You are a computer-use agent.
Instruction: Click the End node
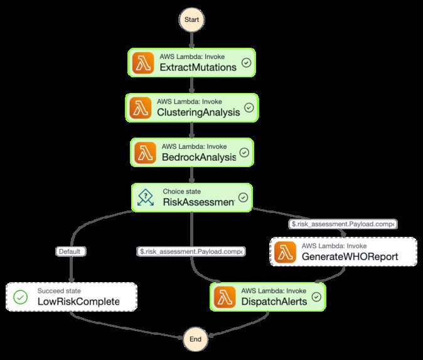point(195,339)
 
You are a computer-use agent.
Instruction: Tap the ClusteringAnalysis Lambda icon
point(142,108)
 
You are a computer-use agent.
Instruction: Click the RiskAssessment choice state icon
point(146,197)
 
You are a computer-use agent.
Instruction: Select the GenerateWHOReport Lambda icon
point(285,252)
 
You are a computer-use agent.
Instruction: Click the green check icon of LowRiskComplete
point(21,297)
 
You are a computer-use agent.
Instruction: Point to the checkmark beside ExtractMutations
point(247,63)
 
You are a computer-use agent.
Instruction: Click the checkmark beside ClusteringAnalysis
point(249,108)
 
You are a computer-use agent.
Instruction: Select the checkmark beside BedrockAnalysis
point(244,153)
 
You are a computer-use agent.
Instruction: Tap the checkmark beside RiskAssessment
point(243,197)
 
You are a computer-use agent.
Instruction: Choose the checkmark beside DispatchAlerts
point(316,297)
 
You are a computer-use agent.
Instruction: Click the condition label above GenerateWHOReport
point(342,223)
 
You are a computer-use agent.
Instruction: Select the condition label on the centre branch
point(191,251)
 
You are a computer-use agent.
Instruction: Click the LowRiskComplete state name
point(78,302)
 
